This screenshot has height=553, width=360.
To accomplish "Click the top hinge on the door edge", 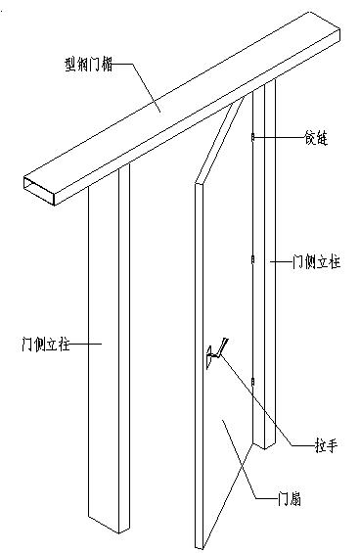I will click(x=252, y=138).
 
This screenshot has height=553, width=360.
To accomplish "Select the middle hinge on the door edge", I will click(x=252, y=260).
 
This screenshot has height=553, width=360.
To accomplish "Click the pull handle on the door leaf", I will click(x=215, y=354).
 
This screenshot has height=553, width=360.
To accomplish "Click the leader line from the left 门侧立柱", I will click(x=83, y=344).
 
